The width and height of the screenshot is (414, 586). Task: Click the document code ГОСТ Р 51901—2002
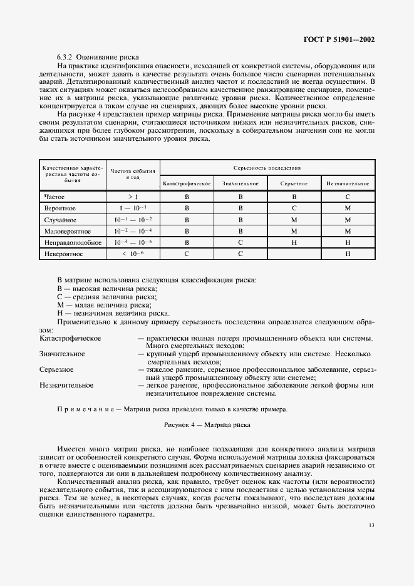[339, 39]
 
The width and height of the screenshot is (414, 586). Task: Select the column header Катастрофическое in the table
[187, 183]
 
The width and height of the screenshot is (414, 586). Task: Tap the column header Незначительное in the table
[348, 183]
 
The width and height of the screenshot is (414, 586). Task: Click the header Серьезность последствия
[267, 168]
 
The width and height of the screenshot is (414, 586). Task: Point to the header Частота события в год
[133, 175]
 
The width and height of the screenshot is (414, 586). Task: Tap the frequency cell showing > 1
[133, 197]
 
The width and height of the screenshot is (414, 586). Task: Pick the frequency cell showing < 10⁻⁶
[133, 254]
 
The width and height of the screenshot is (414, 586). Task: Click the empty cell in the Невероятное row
[294, 254]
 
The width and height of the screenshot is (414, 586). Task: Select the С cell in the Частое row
[348, 197]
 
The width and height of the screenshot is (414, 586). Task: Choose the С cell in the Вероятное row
[294, 208]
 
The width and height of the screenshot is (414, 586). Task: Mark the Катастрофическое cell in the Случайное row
[187, 220]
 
